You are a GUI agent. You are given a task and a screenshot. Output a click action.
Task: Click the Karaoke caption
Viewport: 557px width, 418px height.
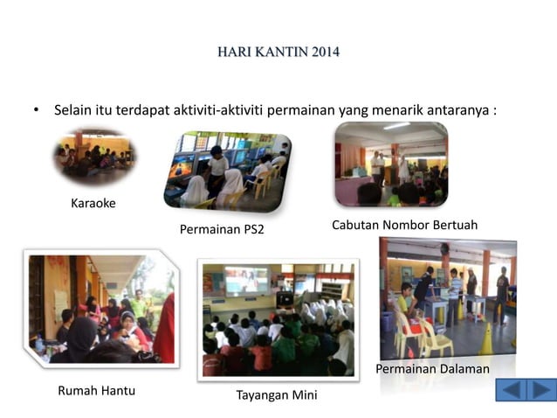coord(93,204)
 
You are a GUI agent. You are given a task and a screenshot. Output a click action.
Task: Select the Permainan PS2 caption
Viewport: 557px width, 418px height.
coord(222,230)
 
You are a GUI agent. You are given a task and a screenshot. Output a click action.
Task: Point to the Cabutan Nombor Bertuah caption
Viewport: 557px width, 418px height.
coord(404,225)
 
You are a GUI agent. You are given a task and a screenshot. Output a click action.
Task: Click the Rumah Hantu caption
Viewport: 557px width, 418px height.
coord(96,390)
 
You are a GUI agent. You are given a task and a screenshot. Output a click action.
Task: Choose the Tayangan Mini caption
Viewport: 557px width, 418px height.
coord(277,395)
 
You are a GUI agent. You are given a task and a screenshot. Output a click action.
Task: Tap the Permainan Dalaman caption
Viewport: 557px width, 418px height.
coord(432,369)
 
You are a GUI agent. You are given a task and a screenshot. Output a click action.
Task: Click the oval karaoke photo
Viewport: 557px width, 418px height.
coord(94,157)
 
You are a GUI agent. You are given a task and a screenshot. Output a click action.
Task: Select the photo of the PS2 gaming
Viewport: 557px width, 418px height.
coord(229,171)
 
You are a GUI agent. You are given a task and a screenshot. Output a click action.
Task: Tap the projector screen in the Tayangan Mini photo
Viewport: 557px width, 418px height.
coord(246,280)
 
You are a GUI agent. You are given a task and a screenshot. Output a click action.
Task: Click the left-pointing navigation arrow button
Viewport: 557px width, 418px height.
coord(512,389)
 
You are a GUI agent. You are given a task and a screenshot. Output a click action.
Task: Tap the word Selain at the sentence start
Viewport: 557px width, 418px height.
coord(73,111)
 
